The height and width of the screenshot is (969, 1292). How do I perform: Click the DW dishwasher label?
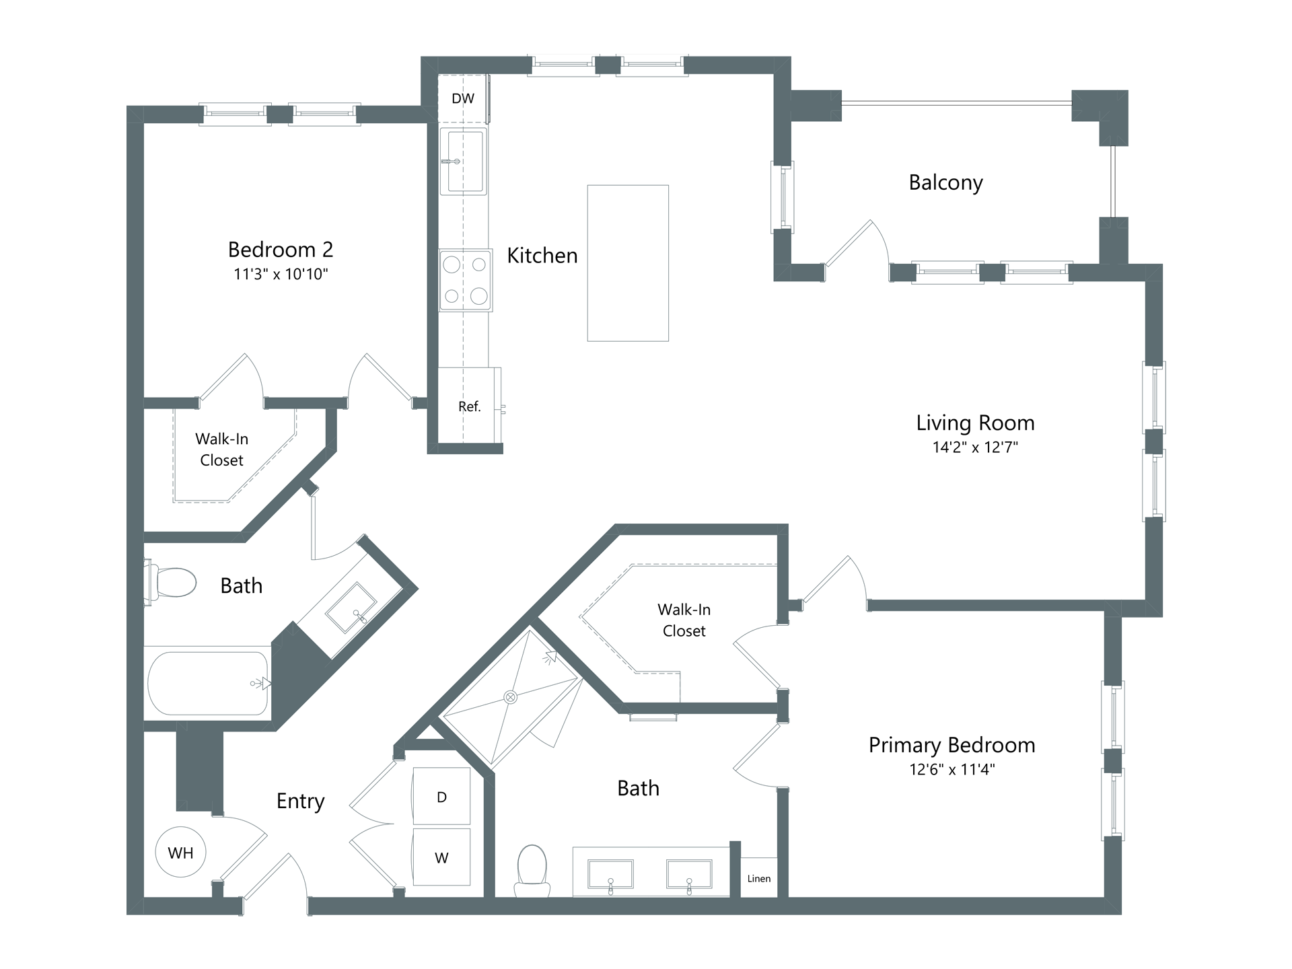click(463, 99)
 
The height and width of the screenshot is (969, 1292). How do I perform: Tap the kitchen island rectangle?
click(628, 263)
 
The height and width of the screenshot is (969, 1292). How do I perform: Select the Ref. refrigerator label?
click(470, 406)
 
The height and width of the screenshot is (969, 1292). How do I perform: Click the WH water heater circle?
click(180, 852)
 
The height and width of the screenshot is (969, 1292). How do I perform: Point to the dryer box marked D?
click(441, 796)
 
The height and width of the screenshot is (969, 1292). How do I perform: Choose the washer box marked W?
click(441, 857)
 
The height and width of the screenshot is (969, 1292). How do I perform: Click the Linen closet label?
click(759, 878)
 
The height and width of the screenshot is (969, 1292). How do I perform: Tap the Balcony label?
click(945, 183)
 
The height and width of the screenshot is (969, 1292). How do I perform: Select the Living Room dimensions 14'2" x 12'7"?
click(975, 447)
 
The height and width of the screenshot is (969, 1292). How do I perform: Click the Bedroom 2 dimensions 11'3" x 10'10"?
click(281, 274)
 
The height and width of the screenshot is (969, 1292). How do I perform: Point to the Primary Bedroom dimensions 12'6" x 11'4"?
click(952, 769)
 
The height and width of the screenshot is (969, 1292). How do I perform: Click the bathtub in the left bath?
click(208, 684)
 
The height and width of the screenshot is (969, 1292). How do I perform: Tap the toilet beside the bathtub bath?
click(170, 582)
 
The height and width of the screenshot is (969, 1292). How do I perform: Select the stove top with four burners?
click(466, 281)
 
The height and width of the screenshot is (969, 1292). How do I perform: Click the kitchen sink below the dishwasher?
click(463, 161)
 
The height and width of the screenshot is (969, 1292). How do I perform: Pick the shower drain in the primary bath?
click(511, 697)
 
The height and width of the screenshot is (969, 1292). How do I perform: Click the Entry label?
click(301, 801)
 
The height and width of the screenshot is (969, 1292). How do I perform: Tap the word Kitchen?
click(542, 256)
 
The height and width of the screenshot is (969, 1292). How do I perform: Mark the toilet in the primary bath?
click(532, 871)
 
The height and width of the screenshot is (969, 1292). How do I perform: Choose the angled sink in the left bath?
click(351, 608)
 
